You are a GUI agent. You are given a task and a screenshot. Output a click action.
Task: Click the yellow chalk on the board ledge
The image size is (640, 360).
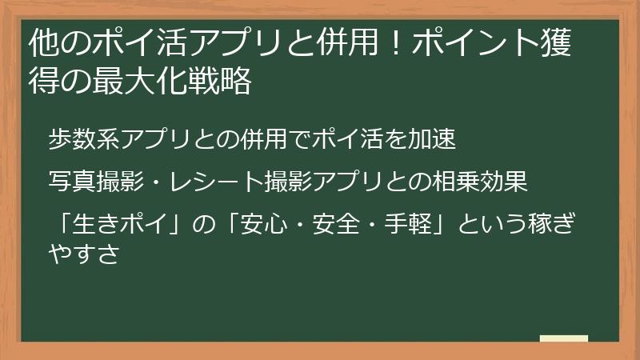point(563,338)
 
